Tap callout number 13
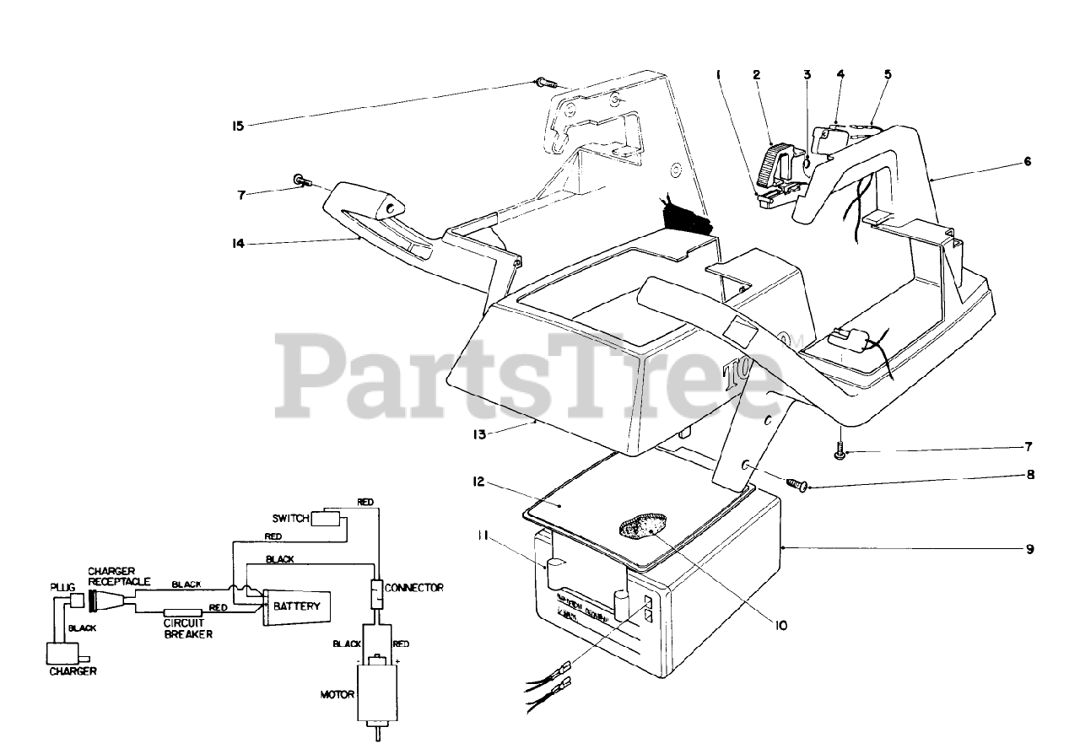point(479,434)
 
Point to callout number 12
point(479,482)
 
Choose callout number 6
point(1027,160)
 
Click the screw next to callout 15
point(545,83)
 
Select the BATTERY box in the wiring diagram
point(296,606)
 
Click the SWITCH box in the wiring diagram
point(325,518)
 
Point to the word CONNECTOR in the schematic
point(413,587)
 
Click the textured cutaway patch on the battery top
point(642,528)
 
